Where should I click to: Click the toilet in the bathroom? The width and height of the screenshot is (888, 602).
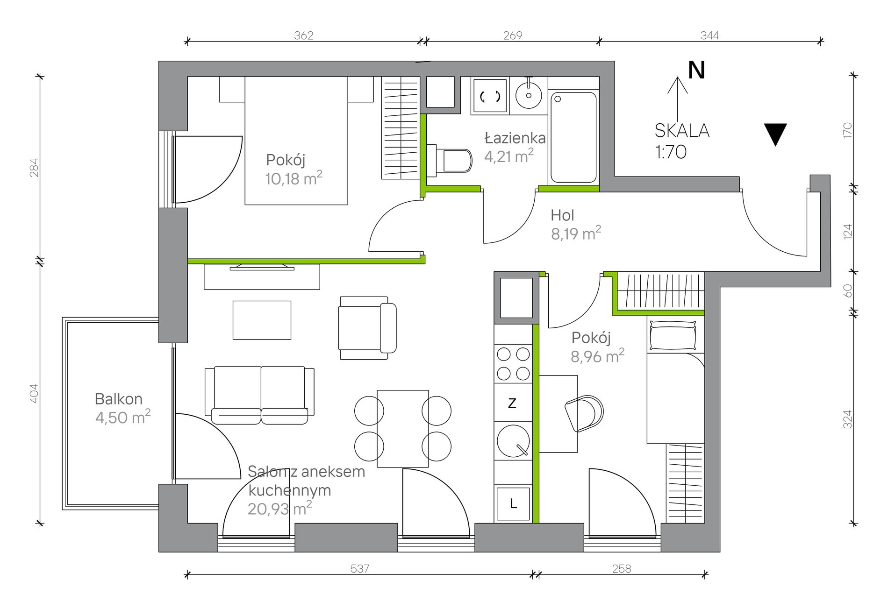(449, 161)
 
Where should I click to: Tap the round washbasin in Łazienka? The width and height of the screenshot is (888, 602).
(529, 95)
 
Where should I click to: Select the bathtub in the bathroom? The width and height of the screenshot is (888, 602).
(573, 137)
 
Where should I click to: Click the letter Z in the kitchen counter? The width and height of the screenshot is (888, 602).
(512, 403)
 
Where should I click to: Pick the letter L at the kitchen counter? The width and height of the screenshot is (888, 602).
(513, 503)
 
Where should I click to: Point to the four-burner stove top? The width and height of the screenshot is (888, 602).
(513, 364)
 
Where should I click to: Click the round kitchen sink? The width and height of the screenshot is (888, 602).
(513, 441)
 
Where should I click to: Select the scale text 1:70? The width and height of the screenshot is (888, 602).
(671, 152)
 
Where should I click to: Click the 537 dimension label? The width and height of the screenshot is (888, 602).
(360, 568)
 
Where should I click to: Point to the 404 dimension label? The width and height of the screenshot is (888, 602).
(33, 393)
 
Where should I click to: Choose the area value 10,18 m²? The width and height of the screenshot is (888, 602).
(294, 178)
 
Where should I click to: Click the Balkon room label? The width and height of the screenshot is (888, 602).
(119, 399)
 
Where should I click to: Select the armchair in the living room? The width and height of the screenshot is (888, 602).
(368, 328)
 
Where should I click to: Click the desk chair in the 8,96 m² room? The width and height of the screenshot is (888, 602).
(584, 414)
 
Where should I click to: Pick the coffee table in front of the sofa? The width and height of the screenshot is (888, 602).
(262, 320)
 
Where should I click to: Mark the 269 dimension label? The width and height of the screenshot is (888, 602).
(513, 35)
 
